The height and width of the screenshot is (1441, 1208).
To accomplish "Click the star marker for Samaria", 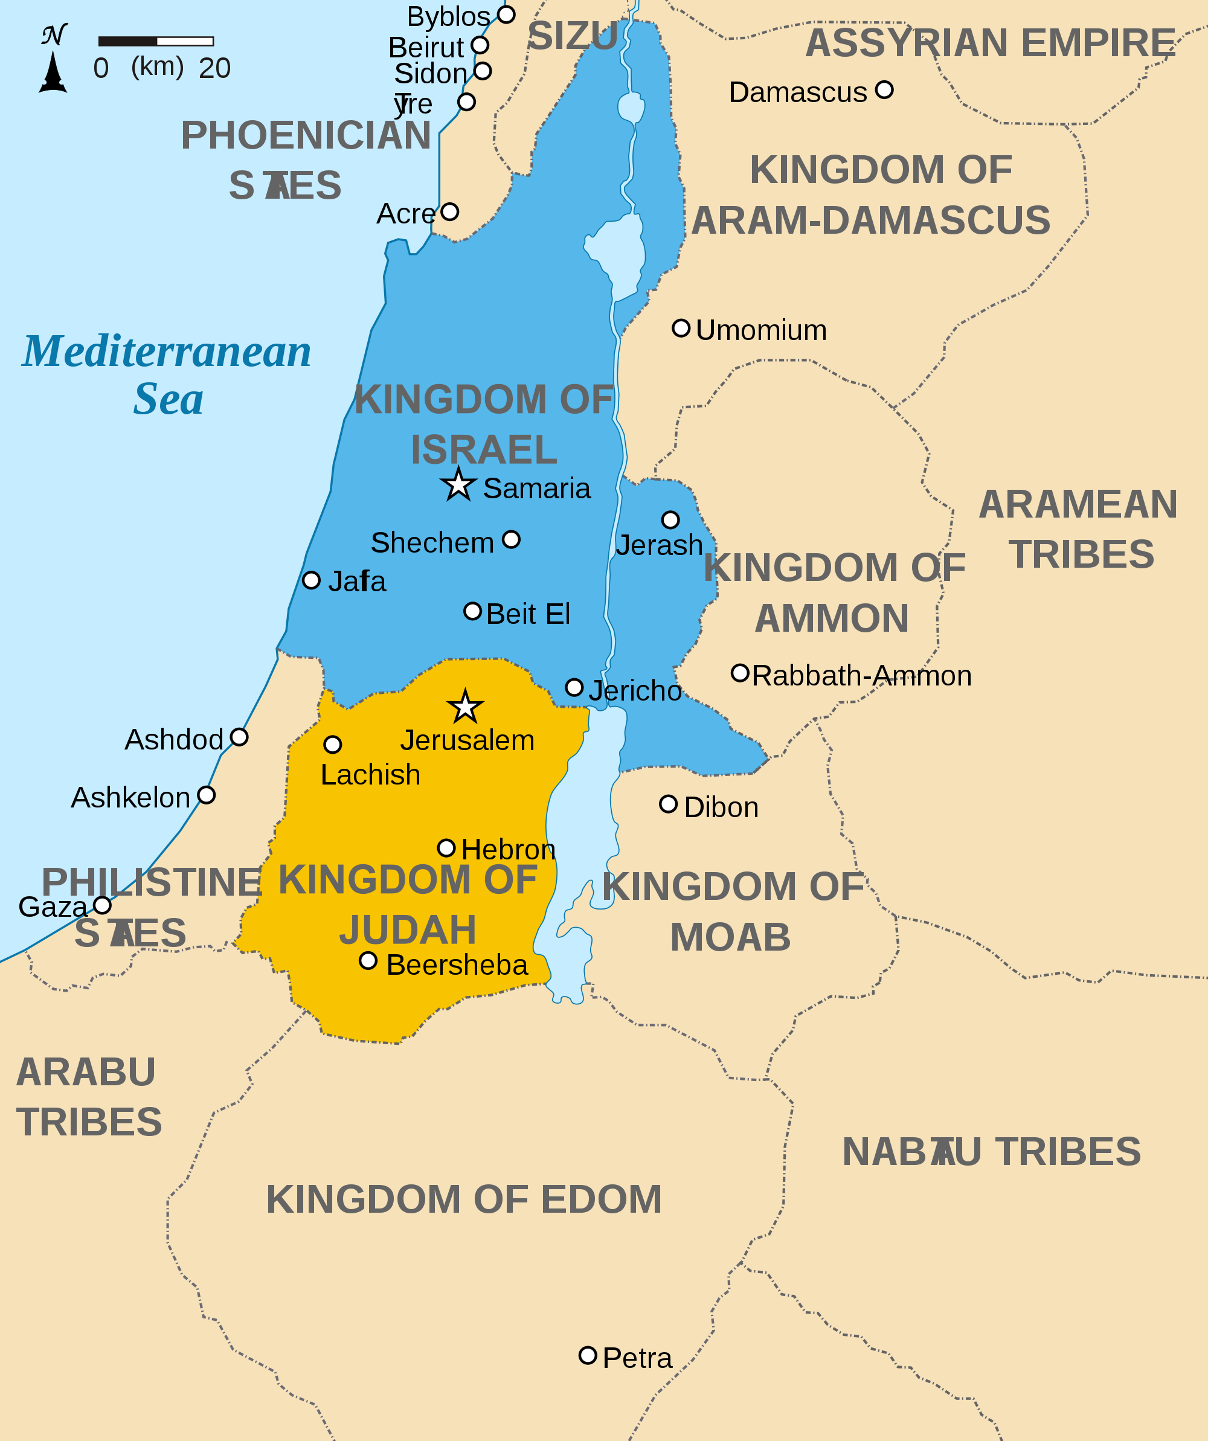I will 458,485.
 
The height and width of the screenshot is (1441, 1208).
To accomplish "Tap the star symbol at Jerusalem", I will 465,707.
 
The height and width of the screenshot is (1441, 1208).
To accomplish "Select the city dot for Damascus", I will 884,89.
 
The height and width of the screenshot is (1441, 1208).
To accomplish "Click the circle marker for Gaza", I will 102,905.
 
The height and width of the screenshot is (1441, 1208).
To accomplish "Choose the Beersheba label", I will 457,964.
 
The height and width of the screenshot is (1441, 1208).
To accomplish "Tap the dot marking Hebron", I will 446,848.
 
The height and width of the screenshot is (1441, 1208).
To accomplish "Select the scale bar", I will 156,41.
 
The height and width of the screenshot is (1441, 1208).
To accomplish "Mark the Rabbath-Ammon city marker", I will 739,672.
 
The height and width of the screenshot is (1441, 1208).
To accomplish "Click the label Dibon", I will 721,807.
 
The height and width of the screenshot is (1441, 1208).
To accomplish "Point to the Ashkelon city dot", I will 206,795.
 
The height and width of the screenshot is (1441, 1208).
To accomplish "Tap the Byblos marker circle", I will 506,14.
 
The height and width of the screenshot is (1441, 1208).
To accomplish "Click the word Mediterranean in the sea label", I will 167,351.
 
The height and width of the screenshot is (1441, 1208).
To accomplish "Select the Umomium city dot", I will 680,328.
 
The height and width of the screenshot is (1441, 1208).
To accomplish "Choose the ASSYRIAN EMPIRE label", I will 991,43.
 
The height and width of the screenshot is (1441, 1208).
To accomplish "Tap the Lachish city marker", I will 332,744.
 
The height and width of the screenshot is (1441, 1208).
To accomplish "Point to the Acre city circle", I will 449,211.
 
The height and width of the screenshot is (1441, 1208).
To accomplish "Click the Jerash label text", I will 659,545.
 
